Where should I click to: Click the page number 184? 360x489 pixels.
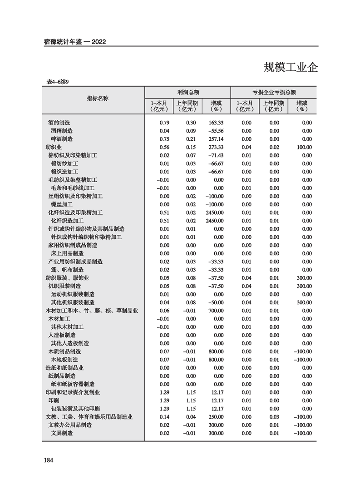coord(49,460)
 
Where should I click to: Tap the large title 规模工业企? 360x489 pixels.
coord(291,67)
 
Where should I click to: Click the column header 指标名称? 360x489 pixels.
coord(98,99)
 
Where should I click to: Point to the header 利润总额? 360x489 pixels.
coord(188,92)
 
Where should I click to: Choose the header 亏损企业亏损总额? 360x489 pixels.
coord(274,92)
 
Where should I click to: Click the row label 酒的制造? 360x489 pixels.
coord(59,123)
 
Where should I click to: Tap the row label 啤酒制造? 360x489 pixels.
coord(62,139)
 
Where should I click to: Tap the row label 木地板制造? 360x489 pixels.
coord(64,360)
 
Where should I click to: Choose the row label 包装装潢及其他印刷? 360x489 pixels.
coord(75,409)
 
